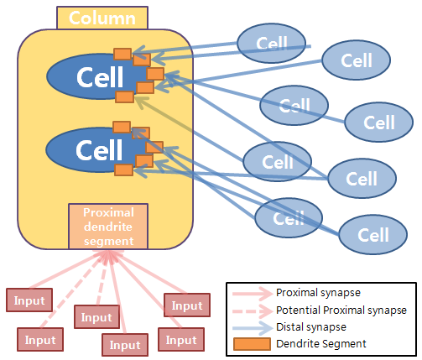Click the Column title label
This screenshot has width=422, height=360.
[102, 18]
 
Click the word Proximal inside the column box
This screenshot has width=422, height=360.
[108, 212]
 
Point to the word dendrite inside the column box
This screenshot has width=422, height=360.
[108, 227]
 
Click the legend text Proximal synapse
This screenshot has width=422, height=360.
[318, 293]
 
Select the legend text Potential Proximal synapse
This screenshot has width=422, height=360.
[341, 310]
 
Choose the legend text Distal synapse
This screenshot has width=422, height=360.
[311, 327]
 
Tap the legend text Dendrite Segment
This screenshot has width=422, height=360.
[321, 344]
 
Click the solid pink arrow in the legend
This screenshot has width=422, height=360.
[253, 294]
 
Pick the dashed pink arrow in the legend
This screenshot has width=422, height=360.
[253, 310]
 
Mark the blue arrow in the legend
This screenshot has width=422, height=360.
[253, 328]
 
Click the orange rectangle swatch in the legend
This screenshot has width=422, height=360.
[252, 344]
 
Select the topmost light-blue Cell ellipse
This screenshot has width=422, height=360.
[271, 43]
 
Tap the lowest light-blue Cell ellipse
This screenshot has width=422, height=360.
[373, 234]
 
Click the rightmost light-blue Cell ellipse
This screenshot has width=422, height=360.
[379, 122]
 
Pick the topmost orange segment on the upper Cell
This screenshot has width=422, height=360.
[122, 54]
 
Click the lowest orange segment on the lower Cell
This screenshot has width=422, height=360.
[123, 170]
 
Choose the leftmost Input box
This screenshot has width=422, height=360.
[29, 300]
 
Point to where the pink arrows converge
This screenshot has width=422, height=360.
[107, 253]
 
